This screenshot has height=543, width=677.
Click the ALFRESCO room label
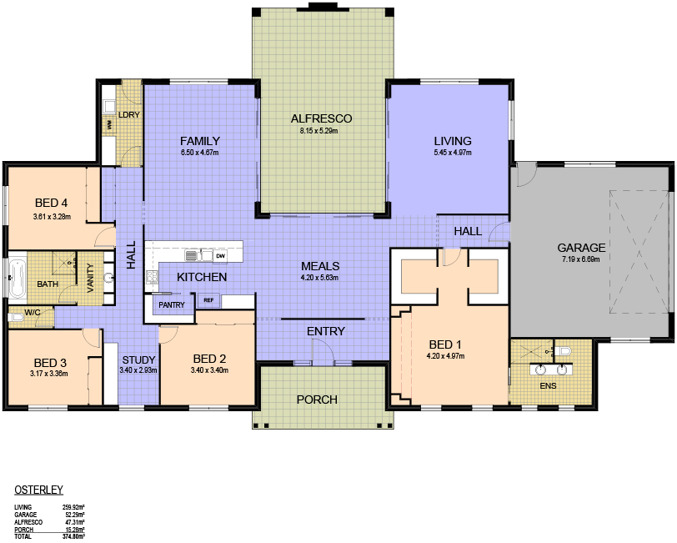[x=321, y=118]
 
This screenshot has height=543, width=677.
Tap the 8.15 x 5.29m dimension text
[x=319, y=130]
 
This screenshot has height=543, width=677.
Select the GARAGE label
[x=581, y=248]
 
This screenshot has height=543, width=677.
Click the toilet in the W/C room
[x=16, y=318]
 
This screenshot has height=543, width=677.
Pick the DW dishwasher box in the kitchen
[x=221, y=256]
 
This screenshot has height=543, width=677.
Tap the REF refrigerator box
[x=208, y=299]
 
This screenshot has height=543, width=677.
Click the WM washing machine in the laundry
[x=109, y=125]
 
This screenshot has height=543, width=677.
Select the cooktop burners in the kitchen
[x=152, y=276]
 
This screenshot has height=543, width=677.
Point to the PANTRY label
[x=172, y=305]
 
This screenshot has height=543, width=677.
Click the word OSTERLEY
[x=39, y=490]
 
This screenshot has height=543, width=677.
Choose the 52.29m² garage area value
[x=74, y=515]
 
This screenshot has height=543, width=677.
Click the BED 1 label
[x=445, y=344]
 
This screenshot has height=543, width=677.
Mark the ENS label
[x=548, y=385]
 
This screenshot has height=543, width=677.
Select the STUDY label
[x=138, y=359]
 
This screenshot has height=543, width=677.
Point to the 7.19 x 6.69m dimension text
[x=581, y=259]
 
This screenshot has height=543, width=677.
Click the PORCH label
[x=317, y=400]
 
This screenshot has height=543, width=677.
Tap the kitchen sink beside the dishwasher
[x=198, y=256]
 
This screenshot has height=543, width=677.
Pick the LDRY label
[x=128, y=114]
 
